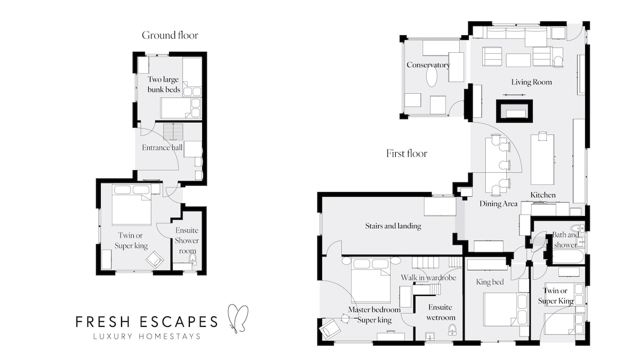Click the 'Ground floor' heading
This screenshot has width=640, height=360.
(170, 35)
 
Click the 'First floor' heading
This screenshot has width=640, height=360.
(406, 154)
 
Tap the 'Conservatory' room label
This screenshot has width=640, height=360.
(428, 65)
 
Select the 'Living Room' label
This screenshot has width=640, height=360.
(531, 82)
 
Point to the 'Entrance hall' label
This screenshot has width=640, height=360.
(162, 147)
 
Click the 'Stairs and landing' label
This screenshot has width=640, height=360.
(393, 226)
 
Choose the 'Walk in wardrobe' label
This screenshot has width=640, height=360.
(428, 277)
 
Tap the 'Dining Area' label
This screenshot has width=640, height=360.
(498, 204)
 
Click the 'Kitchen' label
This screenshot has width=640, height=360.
(543, 195)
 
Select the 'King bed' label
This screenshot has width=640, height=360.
(490, 282)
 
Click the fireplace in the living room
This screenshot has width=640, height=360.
(515, 111)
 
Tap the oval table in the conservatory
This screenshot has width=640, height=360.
(431, 77)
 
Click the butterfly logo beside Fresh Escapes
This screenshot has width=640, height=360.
(238, 318)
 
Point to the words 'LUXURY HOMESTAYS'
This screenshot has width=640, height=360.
(147, 337)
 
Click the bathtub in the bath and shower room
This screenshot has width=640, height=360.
(567, 257)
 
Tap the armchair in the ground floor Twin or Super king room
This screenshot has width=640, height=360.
(155, 260)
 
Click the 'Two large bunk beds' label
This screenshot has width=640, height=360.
(164, 84)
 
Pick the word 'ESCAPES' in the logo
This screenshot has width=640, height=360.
(179, 322)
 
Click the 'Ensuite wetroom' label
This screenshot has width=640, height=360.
(441, 313)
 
